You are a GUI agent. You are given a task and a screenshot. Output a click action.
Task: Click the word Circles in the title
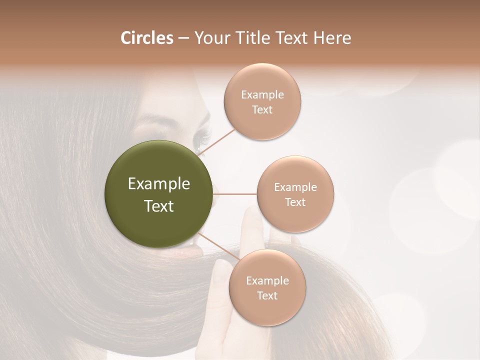[146, 38]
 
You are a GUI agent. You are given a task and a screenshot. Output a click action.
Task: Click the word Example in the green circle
[159, 184]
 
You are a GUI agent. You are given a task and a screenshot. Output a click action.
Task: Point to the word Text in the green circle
[159, 206]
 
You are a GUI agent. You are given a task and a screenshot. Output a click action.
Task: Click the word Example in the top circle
[262, 95]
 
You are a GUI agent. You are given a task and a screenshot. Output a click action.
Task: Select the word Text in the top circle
[262, 110]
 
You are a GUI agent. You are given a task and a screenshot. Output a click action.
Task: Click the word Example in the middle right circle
[295, 187]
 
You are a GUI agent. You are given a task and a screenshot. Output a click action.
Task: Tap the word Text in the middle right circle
[295, 202]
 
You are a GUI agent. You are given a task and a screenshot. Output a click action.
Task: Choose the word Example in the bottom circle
[267, 281]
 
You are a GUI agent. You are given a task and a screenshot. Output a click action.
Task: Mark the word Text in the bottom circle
[267, 296]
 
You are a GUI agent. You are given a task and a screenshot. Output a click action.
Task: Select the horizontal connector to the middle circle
[235, 194]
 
